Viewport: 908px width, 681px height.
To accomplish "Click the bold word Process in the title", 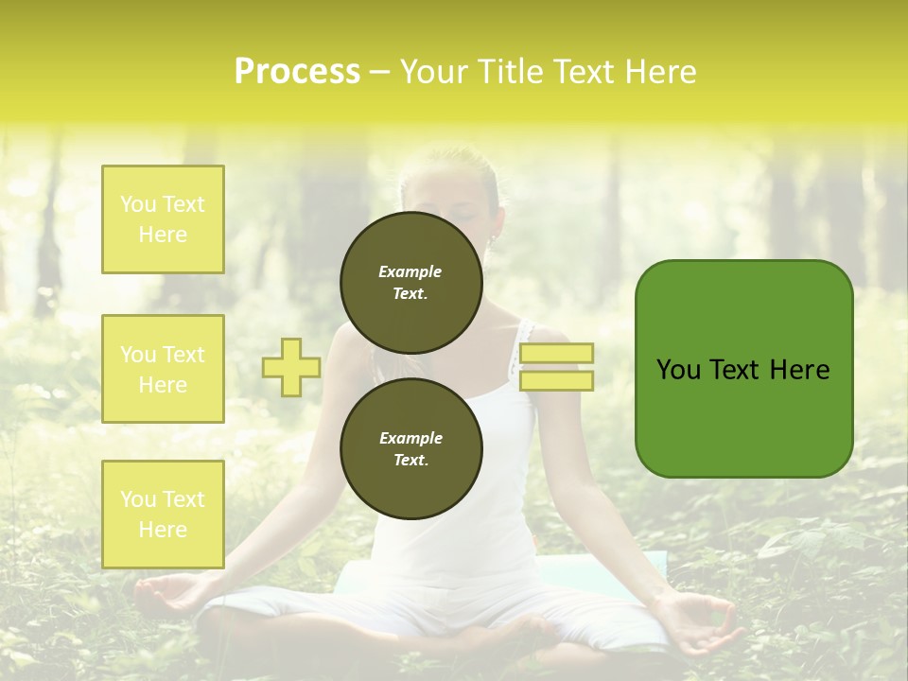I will point(297,72).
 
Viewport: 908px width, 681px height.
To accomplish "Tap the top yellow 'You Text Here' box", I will point(163,219).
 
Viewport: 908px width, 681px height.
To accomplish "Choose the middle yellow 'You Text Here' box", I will point(163,369).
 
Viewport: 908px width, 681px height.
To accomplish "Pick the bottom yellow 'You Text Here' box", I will point(163,515).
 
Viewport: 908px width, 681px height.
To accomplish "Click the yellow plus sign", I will point(291,367).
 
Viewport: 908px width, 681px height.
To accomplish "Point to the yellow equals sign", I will point(557,367).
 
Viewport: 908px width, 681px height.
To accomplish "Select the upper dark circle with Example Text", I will point(410,282).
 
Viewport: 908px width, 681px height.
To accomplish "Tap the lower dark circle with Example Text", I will point(410,448).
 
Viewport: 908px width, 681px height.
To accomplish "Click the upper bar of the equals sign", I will point(557,354).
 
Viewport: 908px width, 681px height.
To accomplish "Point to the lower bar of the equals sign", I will point(557,380).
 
